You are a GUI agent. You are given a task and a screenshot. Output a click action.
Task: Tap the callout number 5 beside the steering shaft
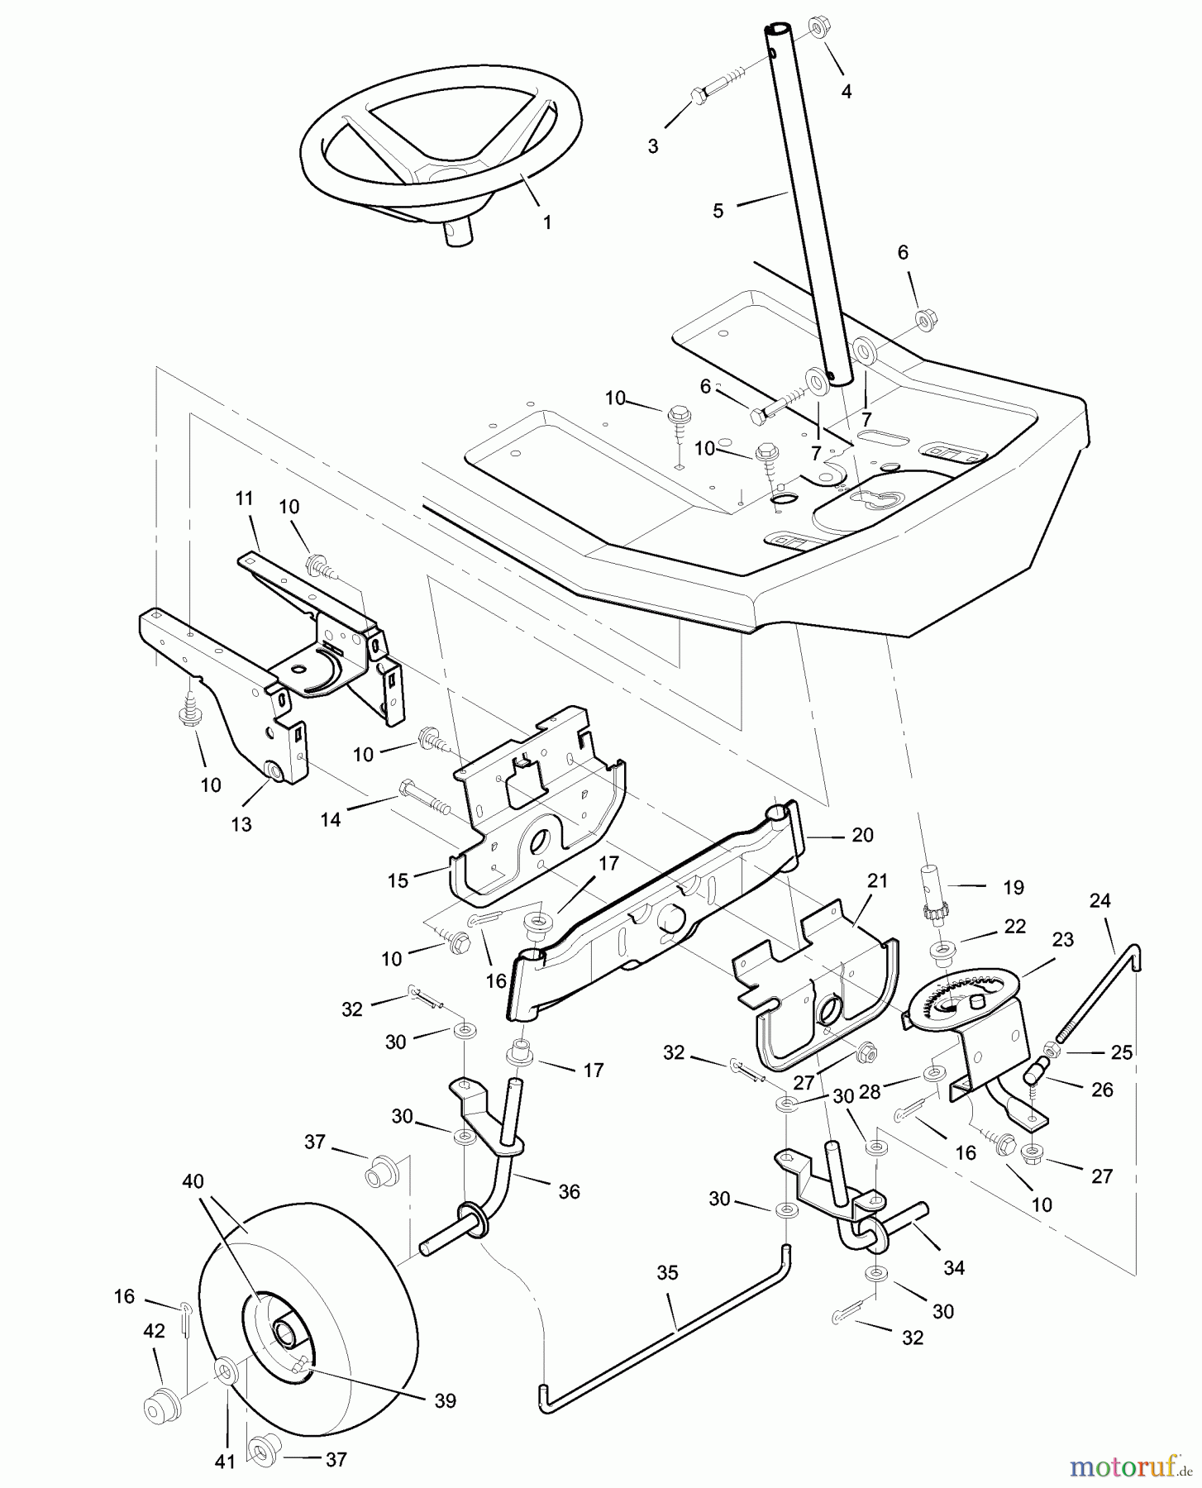[718, 211]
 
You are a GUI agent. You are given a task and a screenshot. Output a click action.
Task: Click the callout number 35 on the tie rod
[667, 1273]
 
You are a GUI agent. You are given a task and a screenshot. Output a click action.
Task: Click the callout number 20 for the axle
[862, 835]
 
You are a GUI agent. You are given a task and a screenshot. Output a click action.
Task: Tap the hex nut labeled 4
[817, 27]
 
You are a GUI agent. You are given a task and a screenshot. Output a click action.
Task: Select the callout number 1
[546, 222]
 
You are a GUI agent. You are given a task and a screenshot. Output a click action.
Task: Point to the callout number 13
[241, 824]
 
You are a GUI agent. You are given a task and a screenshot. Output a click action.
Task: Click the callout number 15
[398, 880]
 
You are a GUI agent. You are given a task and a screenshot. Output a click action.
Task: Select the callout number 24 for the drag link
[1099, 900]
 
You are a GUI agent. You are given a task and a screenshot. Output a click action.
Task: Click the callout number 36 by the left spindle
[569, 1191]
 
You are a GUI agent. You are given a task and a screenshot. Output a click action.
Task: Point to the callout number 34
[954, 1267]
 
